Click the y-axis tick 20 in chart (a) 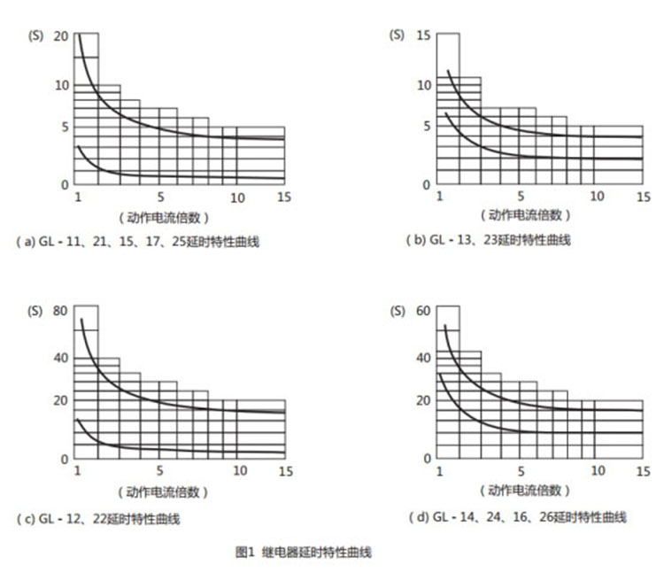pos(60,35)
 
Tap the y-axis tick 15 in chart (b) pos(423,35)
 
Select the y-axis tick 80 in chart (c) pos(60,311)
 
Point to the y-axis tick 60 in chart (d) pos(423,311)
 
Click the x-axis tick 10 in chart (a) pos(237,197)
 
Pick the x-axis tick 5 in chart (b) pos(521,196)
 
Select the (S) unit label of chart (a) pos(35,35)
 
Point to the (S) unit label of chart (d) pos(398,311)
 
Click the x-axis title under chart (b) pos(526,215)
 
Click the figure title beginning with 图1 pos(304,552)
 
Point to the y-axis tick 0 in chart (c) pos(65,458)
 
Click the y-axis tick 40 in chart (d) pos(423,358)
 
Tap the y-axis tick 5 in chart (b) pos(427,127)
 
